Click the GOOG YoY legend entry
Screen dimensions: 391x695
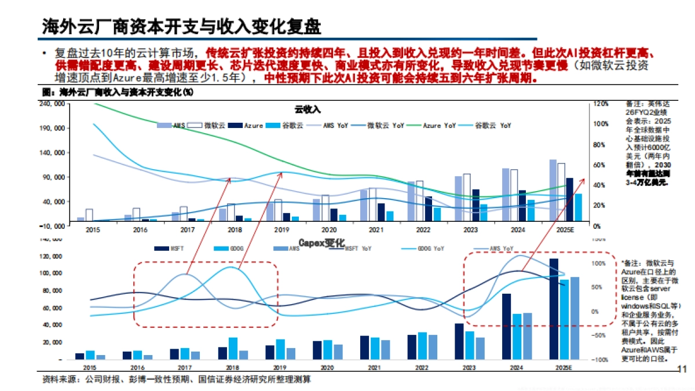(x=429, y=249)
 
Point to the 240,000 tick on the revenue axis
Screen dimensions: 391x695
(x=53, y=104)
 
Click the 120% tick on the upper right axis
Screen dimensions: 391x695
(x=601, y=104)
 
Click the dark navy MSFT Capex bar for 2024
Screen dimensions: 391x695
(x=506, y=326)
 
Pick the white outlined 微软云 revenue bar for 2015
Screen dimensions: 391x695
(x=89, y=215)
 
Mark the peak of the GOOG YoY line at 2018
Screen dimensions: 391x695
(x=232, y=267)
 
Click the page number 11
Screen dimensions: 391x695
(x=681, y=369)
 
